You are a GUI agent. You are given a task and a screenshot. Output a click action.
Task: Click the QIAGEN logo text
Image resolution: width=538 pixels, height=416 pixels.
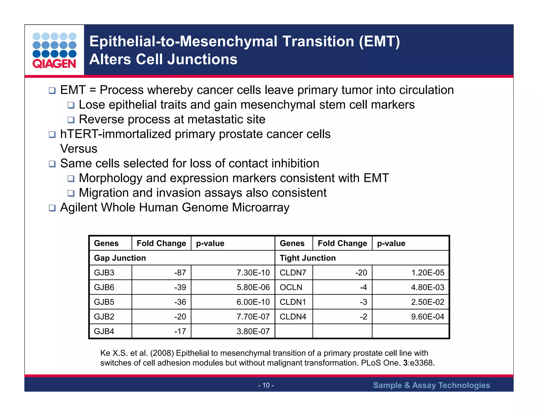pyautogui.click(x=54, y=64)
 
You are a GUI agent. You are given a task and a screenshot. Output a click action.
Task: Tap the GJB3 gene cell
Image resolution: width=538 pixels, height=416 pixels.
pyautogui.click(x=104, y=273)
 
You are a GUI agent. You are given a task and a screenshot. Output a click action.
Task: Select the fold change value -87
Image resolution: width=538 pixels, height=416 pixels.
pyautogui.click(x=180, y=273)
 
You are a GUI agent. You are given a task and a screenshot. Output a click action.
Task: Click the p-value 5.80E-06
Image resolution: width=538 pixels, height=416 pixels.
pyautogui.click(x=253, y=287)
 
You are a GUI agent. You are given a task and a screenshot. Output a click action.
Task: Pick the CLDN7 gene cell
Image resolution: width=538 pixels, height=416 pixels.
pyautogui.click(x=293, y=273)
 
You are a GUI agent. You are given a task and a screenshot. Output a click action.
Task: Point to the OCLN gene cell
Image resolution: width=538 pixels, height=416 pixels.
pyautogui.click(x=291, y=287)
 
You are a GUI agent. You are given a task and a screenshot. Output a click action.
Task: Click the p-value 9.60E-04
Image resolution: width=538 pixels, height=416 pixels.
pyautogui.click(x=427, y=317)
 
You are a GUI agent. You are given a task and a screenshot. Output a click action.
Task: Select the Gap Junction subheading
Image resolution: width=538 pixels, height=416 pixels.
pyautogui.click(x=120, y=258)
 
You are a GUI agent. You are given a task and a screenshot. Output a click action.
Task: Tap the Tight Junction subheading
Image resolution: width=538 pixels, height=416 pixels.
pyautogui.click(x=308, y=258)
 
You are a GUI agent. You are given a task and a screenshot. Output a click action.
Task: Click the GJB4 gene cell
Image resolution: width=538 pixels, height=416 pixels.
pyautogui.click(x=104, y=331)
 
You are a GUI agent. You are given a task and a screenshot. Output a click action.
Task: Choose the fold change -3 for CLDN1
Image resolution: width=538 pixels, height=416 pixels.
pyautogui.click(x=363, y=302)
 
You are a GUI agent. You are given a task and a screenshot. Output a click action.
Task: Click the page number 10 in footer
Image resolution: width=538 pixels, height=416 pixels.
pyautogui.click(x=266, y=385)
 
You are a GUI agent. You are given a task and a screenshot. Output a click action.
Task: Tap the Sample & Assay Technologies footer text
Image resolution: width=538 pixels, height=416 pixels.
pyautogui.click(x=431, y=385)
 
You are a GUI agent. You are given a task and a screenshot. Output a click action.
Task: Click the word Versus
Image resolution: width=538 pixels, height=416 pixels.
pyautogui.click(x=79, y=149)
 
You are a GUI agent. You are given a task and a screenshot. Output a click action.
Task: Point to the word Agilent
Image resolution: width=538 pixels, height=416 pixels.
pyautogui.click(x=79, y=208)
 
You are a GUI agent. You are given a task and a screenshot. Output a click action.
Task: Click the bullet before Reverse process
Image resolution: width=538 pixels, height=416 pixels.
pyautogui.click(x=71, y=120)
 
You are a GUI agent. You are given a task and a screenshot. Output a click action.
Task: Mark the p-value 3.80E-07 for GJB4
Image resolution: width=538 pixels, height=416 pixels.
pyautogui.click(x=253, y=331)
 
